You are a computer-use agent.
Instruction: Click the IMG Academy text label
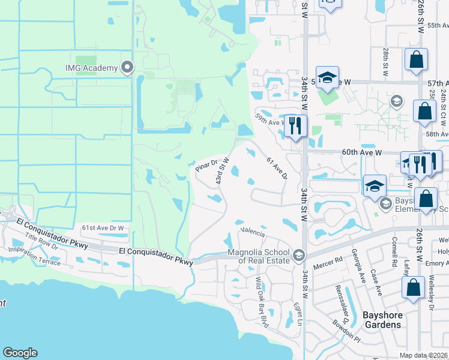pos(92,68)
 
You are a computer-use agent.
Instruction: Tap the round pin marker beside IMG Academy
pos(127,67)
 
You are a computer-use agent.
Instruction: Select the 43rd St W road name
pos(223,171)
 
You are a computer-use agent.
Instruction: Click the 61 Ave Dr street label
pos(277,169)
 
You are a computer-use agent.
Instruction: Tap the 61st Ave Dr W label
pos(104,228)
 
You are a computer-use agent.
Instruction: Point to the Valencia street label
pos(253,230)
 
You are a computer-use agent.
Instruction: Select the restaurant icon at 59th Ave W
pos(295,125)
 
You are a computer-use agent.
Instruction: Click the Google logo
pos(20,353)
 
